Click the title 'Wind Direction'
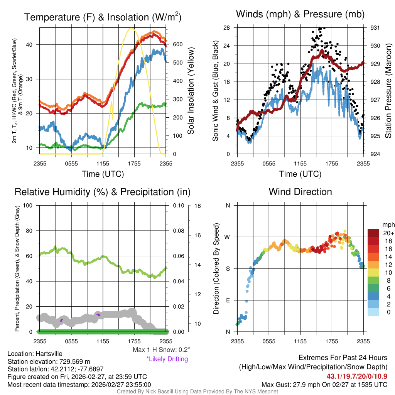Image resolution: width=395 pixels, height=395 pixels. pyautogui.click(x=300, y=192)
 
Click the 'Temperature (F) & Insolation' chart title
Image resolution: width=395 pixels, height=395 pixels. pyautogui.click(x=103, y=17)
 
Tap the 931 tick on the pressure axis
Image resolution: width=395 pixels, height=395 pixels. pyautogui.click(x=376, y=28)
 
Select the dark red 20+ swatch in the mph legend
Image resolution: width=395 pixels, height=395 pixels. pyautogui.click(x=373, y=233)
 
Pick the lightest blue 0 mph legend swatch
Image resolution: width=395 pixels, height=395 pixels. pyautogui.click(x=373, y=312)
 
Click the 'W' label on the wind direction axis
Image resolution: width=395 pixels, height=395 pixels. pyautogui.click(x=228, y=237)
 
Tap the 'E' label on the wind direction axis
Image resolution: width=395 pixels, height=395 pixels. pyautogui.click(x=228, y=300)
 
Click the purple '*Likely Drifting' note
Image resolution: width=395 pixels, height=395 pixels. pyautogui.click(x=167, y=359)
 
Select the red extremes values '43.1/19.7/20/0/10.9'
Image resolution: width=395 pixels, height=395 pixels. pyautogui.click(x=357, y=376)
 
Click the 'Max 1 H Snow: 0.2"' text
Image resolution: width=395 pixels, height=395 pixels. pyautogui.click(x=161, y=349)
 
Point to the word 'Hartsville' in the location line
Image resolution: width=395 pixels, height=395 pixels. pyautogui.click(x=47, y=354)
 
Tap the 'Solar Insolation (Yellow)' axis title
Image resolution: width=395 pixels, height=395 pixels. pyautogui.click(x=191, y=91)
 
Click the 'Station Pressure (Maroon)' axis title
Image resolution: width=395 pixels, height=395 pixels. pyautogui.click(x=388, y=91)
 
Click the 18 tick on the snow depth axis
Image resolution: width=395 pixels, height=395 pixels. pyautogui.click(x=197, y=206)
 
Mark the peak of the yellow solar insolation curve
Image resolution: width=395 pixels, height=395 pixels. pyautogui.click(x=132, y=28)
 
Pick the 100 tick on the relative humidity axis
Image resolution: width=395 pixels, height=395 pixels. pyautogui.click(x=28, y=206)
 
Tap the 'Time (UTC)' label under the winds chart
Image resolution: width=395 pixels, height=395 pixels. pyautogui.click(x=300, y=174)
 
